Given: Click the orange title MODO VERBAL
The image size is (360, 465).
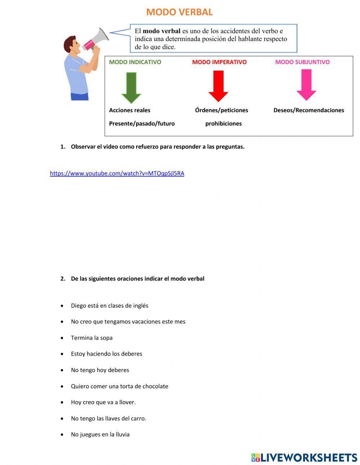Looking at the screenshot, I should point(179,12).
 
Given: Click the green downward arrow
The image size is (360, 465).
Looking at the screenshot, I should point(131,88).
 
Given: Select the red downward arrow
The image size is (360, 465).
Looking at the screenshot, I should point(218,86).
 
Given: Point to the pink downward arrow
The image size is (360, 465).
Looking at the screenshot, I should point(306,85).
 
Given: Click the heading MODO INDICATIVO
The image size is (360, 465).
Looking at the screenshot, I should point(135,62).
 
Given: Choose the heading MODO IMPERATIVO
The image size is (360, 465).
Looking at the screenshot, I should point(219,62).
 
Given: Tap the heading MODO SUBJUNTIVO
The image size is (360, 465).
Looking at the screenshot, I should point(302,62).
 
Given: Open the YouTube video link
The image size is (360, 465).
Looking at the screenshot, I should point(117,173).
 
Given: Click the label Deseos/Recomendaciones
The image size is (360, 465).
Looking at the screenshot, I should point(309,110).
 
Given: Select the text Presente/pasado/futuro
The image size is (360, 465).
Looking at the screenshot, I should point(142,124).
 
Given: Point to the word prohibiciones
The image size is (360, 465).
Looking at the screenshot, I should point(224,124).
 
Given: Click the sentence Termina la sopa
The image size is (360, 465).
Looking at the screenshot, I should point(92,338).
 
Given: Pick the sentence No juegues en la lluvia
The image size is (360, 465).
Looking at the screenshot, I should point(100,434).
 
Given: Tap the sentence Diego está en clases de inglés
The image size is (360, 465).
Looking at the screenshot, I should point(109,306).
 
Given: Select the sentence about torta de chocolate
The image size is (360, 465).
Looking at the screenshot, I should point(120,386).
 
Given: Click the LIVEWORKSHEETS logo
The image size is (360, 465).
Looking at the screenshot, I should point(304,457).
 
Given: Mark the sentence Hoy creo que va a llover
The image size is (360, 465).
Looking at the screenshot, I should point(103,402).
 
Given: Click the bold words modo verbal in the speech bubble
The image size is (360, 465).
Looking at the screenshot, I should point(162,31).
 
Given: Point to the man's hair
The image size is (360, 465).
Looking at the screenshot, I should point(69,43).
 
